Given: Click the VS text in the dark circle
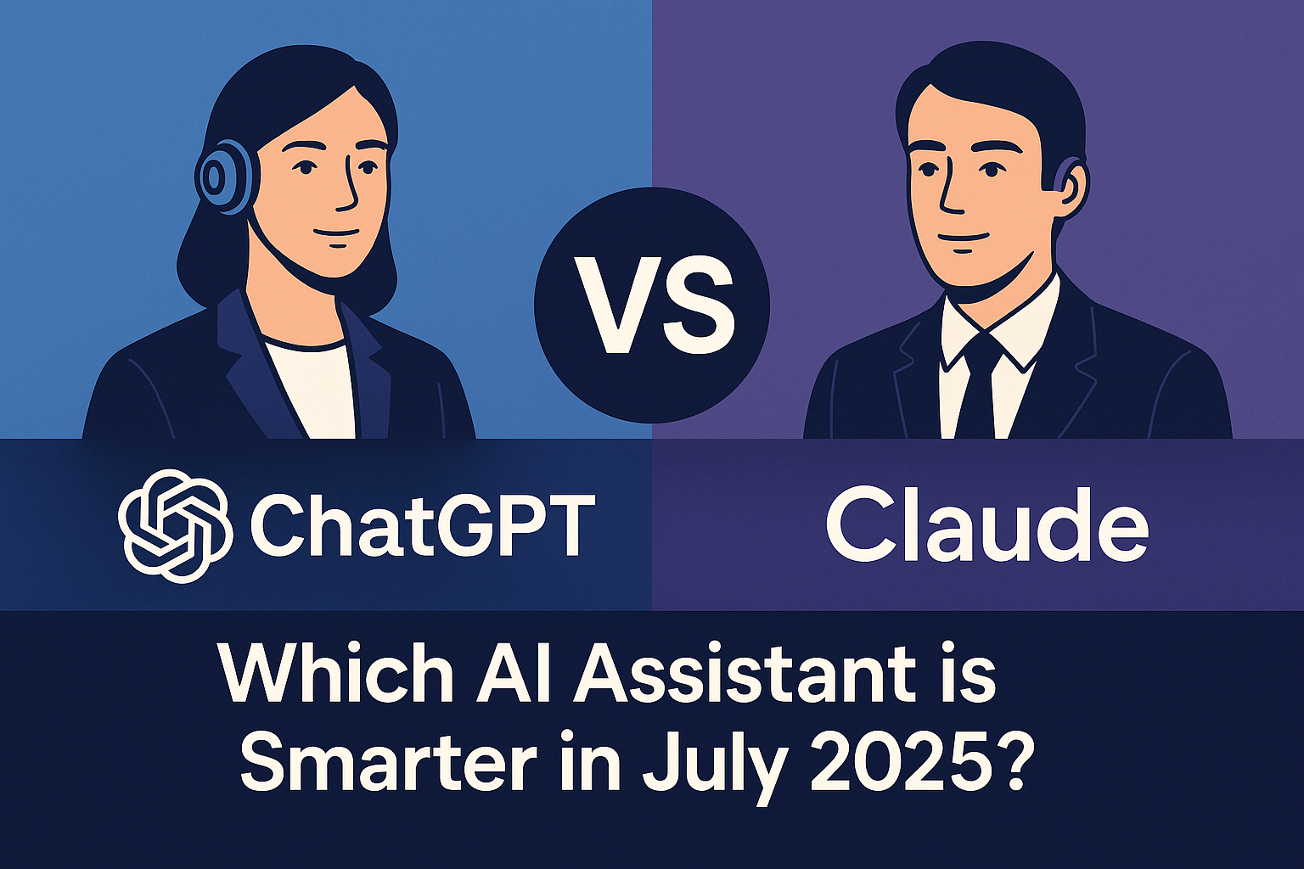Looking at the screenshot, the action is pos(651,305).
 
